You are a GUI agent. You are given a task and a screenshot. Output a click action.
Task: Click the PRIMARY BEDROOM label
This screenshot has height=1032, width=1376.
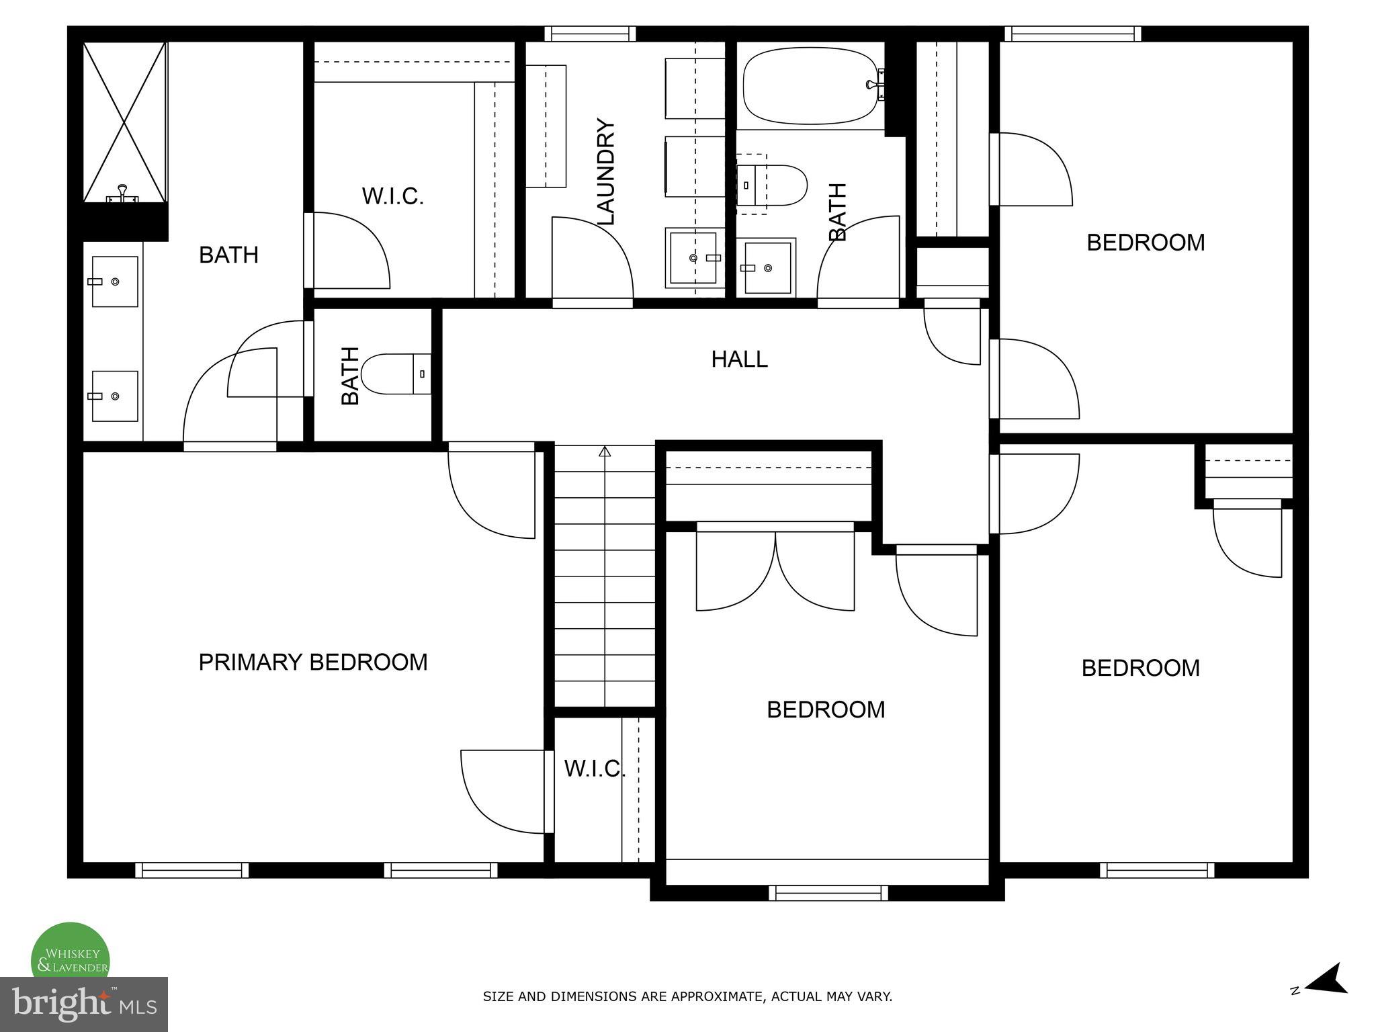pos(312,662)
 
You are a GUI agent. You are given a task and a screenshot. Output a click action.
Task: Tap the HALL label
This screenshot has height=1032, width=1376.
pos(739,359)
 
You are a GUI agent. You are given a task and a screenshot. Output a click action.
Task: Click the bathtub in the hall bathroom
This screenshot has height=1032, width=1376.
pos(811,86)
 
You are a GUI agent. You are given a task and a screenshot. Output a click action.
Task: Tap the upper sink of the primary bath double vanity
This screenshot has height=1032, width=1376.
pos(114,282)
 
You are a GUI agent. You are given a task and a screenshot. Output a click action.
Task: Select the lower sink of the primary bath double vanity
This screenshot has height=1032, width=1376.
pos(114,396)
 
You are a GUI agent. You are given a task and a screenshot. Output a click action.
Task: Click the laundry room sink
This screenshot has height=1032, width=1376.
pos(695,258)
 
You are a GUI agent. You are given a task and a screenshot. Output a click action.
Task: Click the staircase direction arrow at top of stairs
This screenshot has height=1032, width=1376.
pos(605,451)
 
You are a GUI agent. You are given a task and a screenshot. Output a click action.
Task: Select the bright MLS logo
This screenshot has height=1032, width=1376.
pos(83,1004)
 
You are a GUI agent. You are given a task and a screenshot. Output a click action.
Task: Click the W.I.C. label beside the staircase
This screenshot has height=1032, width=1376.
pos(595,769)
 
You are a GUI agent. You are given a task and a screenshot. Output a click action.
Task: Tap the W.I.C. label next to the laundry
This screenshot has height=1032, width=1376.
pos(392,197)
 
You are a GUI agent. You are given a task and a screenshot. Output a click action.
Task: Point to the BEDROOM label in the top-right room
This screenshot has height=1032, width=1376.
pos(1146,243)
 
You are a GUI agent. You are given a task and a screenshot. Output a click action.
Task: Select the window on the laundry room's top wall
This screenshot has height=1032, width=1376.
pos(590,34)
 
